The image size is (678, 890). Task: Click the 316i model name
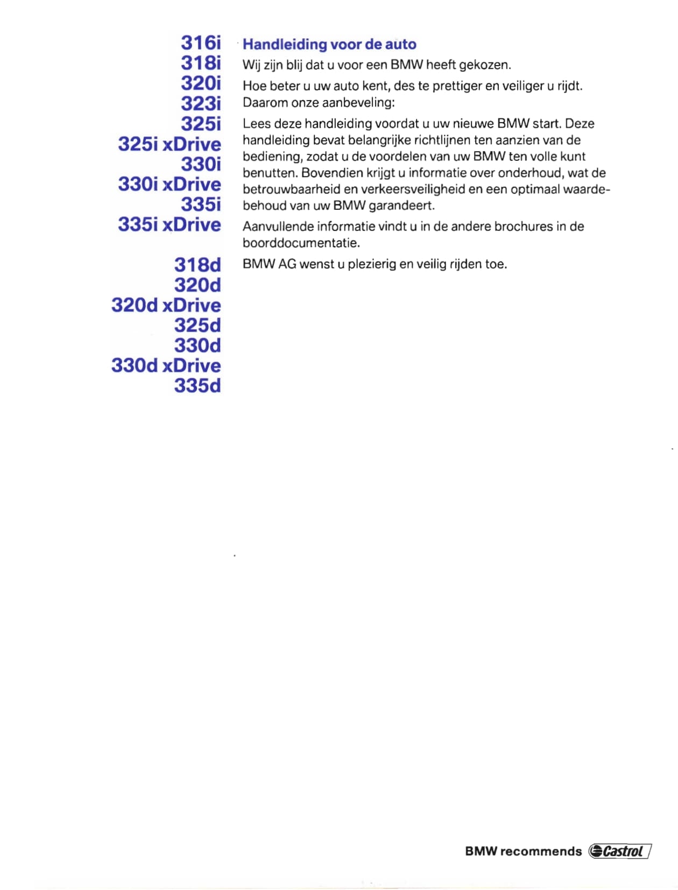click(201, 43)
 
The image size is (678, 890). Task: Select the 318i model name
click(201, 63)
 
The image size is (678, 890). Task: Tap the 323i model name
click(201, 103)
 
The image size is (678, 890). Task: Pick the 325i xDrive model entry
click(169, 144)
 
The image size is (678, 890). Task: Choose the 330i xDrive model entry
click(169, 185)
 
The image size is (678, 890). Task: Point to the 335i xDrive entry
click(169, 224)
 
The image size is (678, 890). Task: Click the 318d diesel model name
click(197, 265)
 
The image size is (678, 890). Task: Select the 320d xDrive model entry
click(166, 305)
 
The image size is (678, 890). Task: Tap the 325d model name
click(197, 326)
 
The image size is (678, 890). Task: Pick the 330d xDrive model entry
click(166, 366)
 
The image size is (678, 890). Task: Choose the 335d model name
click(197, 386)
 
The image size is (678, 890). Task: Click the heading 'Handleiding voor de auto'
click(329, 44)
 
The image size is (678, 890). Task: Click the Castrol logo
click(620, 851)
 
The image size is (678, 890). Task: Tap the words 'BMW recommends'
click(523, 851)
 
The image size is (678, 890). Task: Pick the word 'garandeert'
click(401, 206)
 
